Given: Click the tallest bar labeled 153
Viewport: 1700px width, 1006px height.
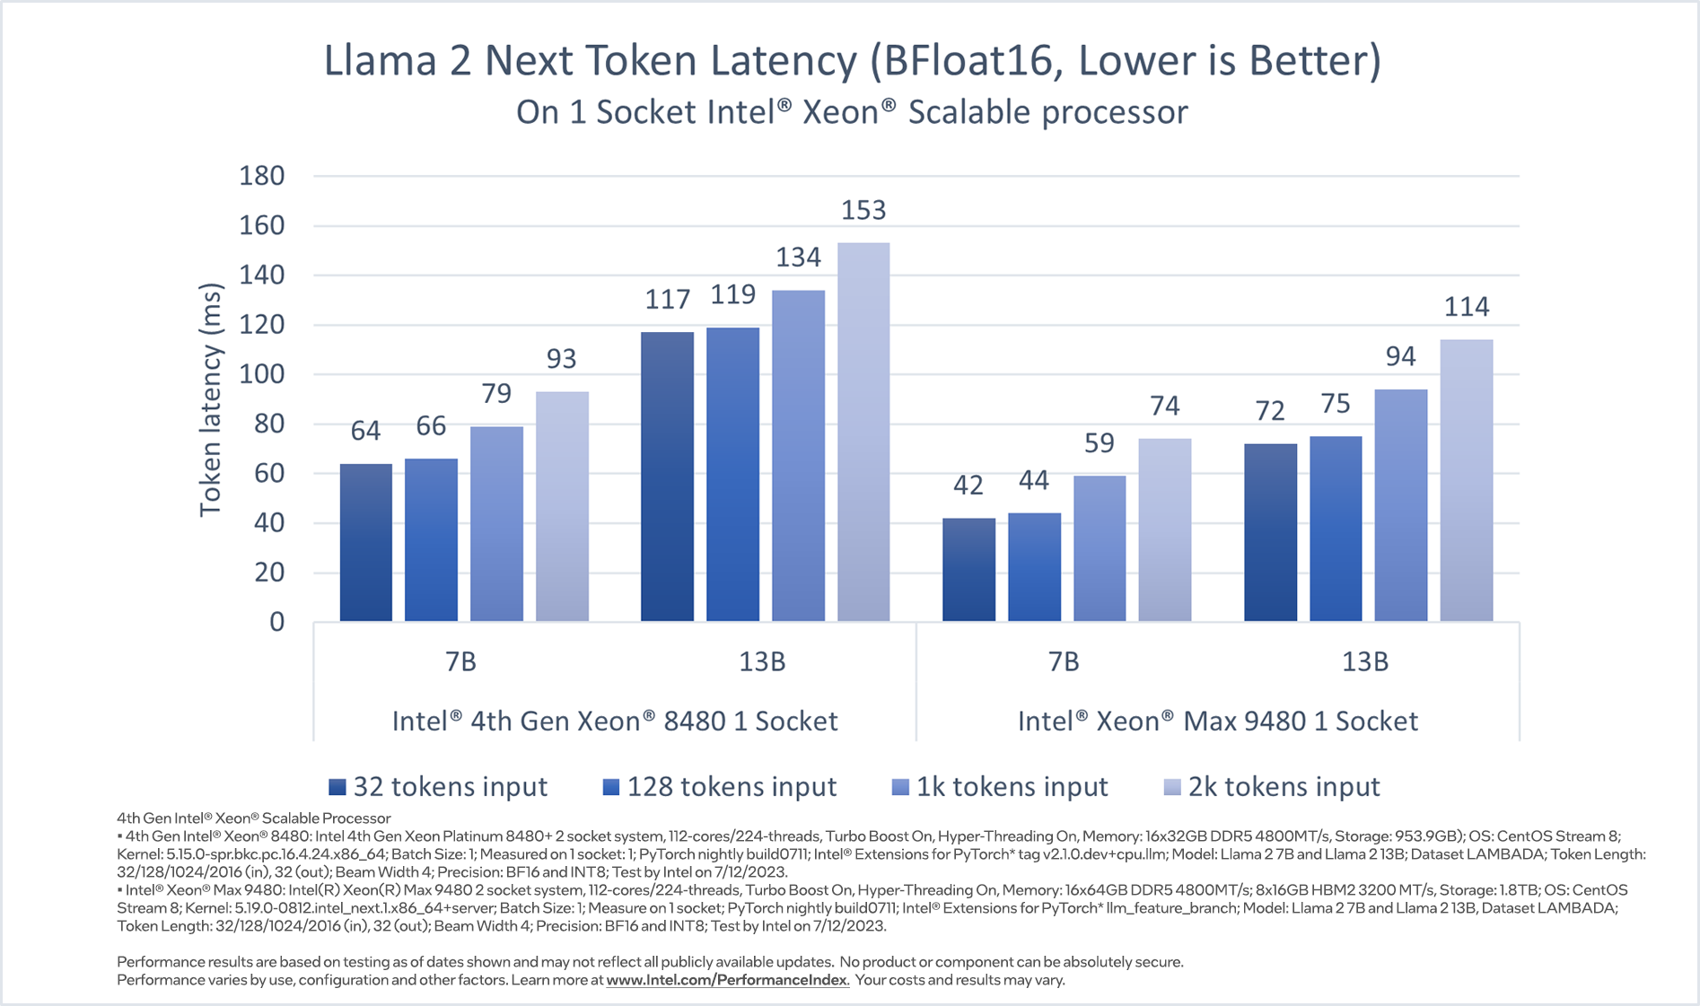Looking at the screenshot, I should pos(863,432).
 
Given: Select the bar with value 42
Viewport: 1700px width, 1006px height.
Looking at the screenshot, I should pos(968,570).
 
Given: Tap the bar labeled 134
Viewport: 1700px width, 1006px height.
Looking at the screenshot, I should pos(798,456).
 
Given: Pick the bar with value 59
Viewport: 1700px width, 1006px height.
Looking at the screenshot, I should pos(1100,548).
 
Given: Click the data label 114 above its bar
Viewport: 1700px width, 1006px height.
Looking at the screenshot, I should pos(1467,307).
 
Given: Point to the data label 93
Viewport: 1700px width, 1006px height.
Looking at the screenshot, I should pos(561,359).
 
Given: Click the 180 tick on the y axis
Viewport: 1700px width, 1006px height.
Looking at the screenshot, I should pos(262,176).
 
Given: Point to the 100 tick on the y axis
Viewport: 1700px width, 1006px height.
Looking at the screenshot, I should pos(262,374).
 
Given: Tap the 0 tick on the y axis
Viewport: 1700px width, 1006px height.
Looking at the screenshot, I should pos(276,622).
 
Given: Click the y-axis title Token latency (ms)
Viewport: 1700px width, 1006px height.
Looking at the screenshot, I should pos(210,400).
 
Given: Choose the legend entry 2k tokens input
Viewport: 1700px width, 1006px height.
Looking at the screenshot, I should pos(1272,787).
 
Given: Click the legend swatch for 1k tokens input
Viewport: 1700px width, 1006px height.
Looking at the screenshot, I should pos(900,788).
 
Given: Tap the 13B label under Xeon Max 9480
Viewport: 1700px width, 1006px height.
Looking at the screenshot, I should pos(1364,662).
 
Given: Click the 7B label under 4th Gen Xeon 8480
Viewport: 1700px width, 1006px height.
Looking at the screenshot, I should pos(460,662).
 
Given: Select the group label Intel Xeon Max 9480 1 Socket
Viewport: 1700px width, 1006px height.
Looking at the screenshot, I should pos(1217,721).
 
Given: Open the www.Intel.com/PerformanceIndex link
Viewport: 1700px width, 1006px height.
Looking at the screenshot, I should pos(727,980).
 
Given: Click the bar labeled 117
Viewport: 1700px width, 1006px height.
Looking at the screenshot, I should pos(667,477).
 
